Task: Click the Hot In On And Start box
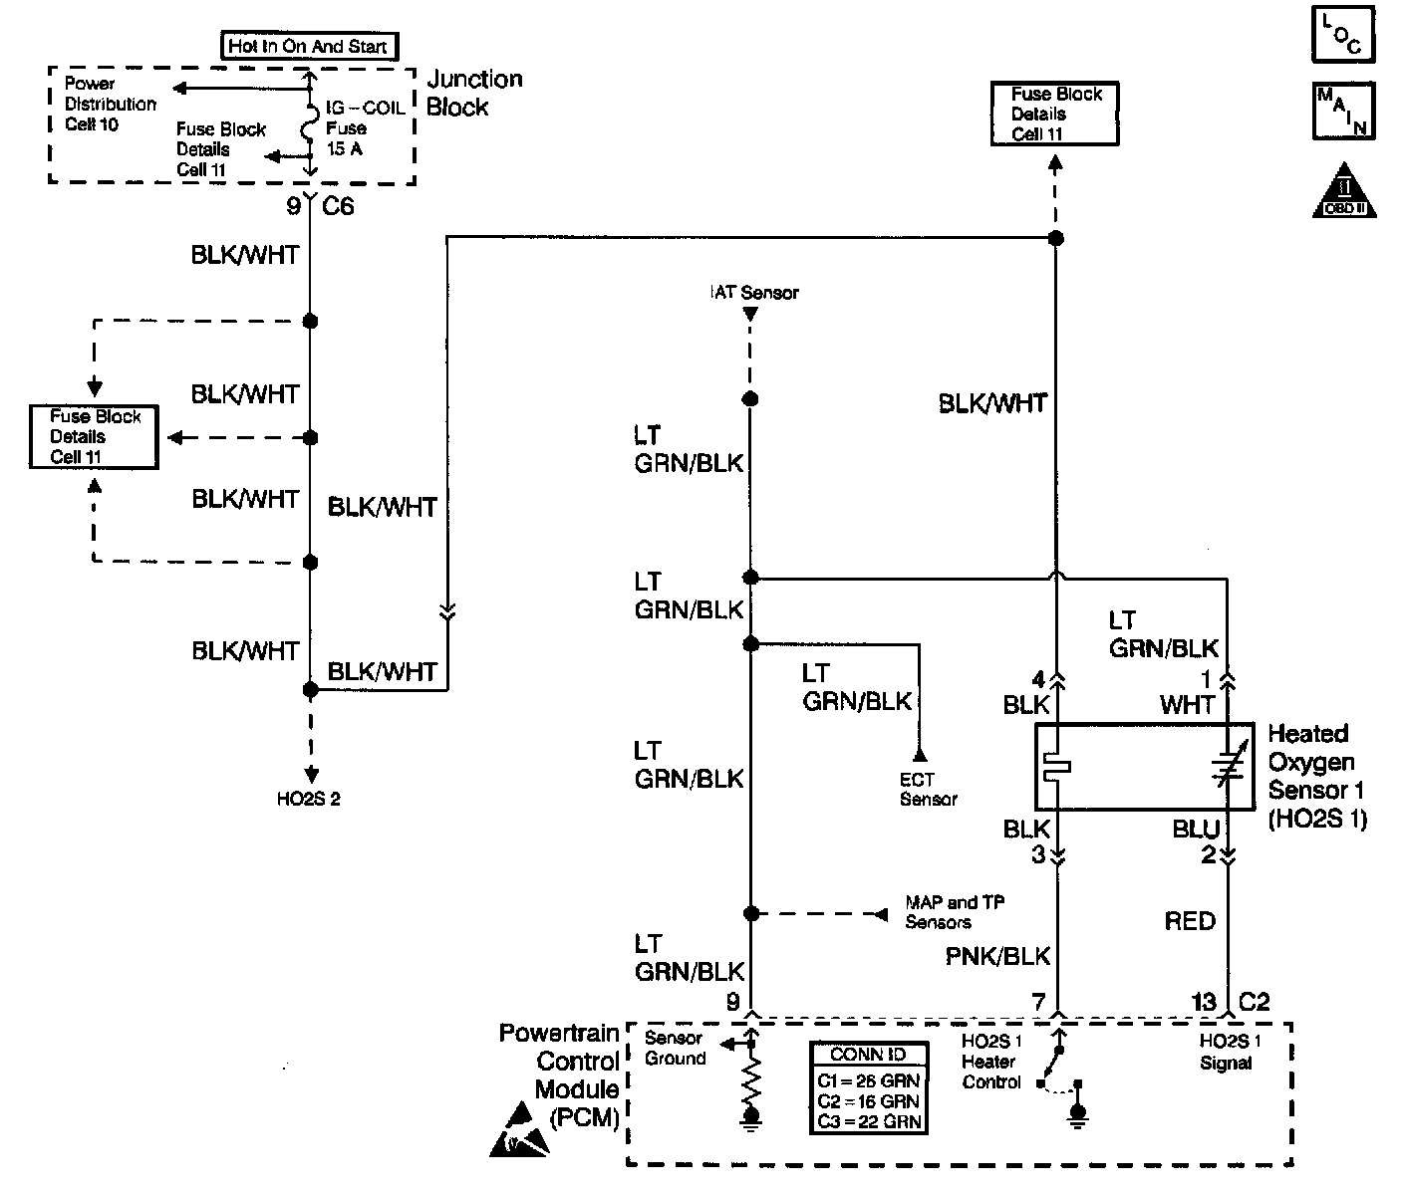pos(308,46)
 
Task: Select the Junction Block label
pos(473,93)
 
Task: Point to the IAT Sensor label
pos(753,293)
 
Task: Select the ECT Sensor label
pos(928,790)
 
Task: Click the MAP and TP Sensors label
pos(954,912)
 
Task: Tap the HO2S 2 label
pos(308,798)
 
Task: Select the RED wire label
pos(1190,921)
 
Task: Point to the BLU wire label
pos(1196,830)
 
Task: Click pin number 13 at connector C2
pos(1204,1002)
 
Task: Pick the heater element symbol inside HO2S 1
pos(1055,766)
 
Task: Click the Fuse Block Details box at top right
pos(1055,114)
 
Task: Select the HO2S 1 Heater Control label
pos(991,1062)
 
